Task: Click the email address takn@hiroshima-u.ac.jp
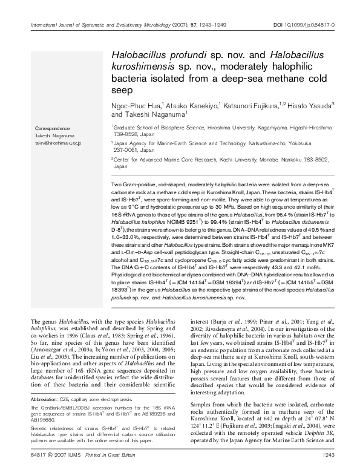(x=58, y=142)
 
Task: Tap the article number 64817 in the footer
(x=38, y=455)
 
